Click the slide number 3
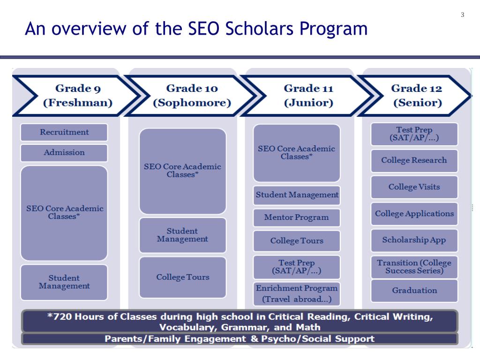462,15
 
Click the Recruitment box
64,132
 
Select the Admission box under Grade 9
64,153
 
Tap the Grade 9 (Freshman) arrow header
75,96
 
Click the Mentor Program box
297,217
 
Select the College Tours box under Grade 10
183,277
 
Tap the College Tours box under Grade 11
297,241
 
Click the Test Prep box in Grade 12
414,134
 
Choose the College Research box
414,160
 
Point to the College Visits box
414,187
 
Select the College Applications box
414,214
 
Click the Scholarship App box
414,240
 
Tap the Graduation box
414,291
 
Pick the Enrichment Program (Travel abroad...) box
297,294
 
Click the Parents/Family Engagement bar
240,339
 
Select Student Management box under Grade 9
64,282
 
